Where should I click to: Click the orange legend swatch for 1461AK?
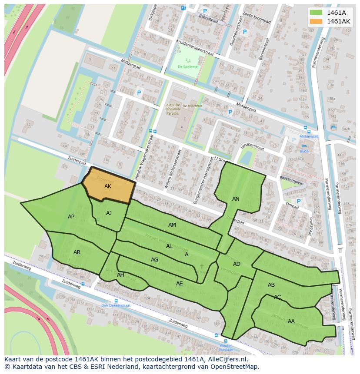coord(317,21)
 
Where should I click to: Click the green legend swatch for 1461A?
coord(317,13)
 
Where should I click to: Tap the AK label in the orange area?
coord(108,186)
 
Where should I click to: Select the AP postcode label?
coord(71,216)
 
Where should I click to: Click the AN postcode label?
coord(236,199)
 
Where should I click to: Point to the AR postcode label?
coord(77,252)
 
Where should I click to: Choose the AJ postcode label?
coord(109,213)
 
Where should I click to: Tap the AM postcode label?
coord(172,225)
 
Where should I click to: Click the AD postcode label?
coord(237,264)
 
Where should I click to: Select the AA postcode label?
coord(291,321)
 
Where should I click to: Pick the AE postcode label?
coord(179,283)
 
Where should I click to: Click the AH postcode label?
coord(120,275)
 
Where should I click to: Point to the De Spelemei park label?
coord(188,67)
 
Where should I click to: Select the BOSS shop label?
coord(304,151)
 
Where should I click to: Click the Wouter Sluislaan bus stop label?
coord(226,347)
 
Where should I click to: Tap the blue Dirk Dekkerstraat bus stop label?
coord(116,305)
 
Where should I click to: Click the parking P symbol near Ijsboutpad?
coord(205,11)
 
